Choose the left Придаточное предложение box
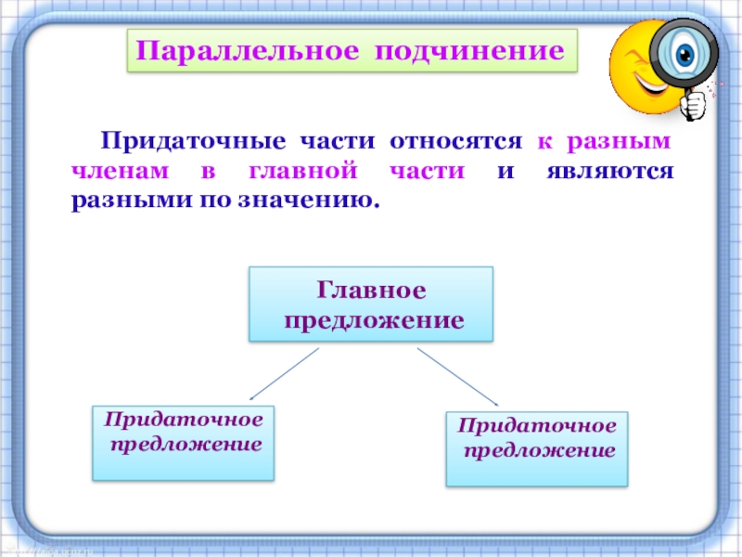184,442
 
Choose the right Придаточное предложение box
537,449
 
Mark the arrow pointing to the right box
458,376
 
